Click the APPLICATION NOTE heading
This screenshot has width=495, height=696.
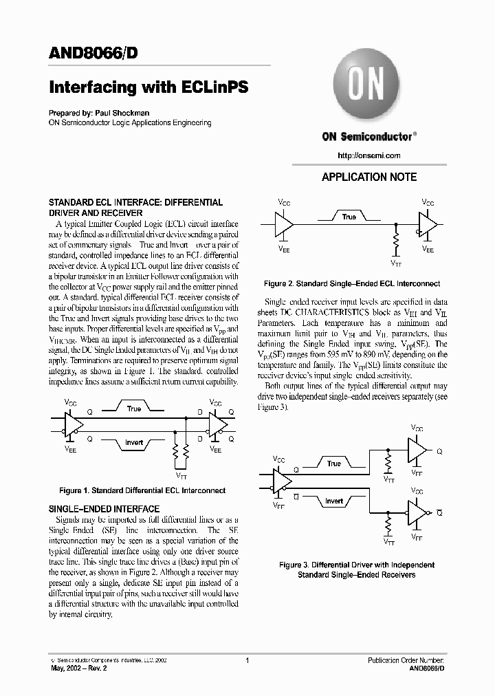369,177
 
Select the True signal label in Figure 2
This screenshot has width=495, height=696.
349,217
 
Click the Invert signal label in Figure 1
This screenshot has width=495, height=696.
134,442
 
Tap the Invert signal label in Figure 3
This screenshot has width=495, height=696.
334,501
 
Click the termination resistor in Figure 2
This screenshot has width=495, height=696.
397,243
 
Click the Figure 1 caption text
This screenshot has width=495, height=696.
142,490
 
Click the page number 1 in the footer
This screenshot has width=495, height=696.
247,660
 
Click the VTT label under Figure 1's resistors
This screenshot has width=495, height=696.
181,476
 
